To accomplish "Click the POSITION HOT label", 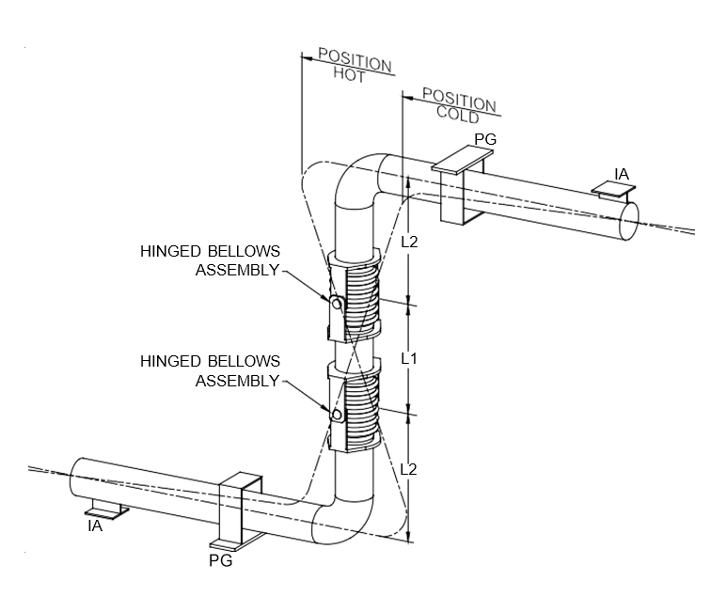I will (x=354, y=66).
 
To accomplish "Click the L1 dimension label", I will (x=409, y=358).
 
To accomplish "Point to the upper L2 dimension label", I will (x=409, y=242).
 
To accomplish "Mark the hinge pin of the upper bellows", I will (x=336, y=303).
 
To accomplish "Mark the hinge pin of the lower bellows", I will (x=335, y=413).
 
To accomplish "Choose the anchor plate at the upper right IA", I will (x=613, y=191).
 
